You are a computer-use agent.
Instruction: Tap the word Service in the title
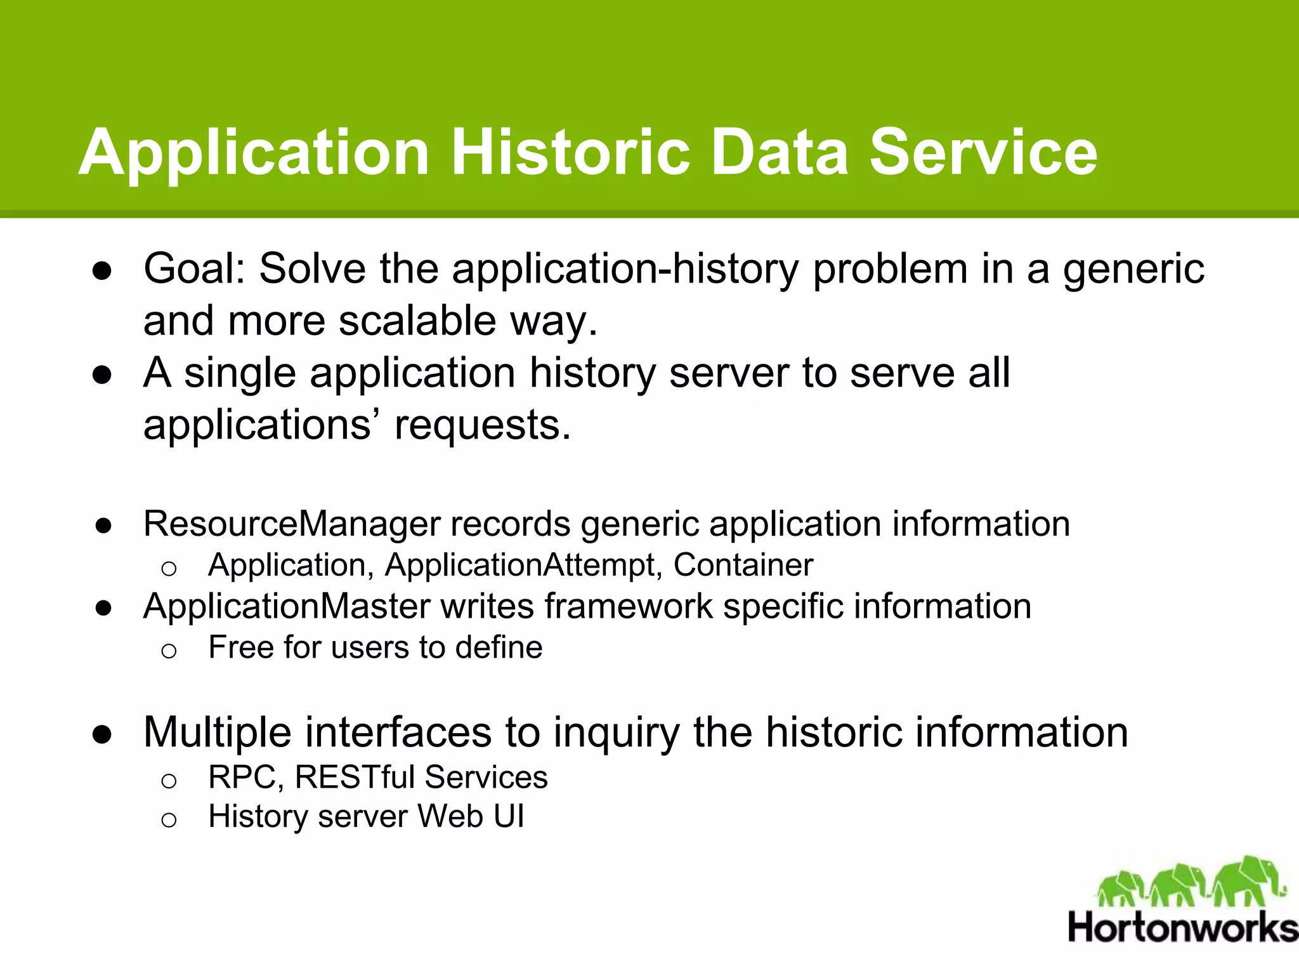tap(983, 152)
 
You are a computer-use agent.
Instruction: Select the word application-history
tap(625, 269)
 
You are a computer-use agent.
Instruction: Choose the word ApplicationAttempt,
tap(523, 565)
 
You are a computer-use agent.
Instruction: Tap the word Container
tap(743, 565)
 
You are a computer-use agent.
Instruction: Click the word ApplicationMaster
tap(287, 606)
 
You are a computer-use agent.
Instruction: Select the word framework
tap(629, 606)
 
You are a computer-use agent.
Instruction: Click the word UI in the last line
tap(509, 816)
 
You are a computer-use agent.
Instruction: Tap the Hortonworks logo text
tap(1182, 928)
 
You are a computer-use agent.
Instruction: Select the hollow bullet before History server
tap(168, 820)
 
